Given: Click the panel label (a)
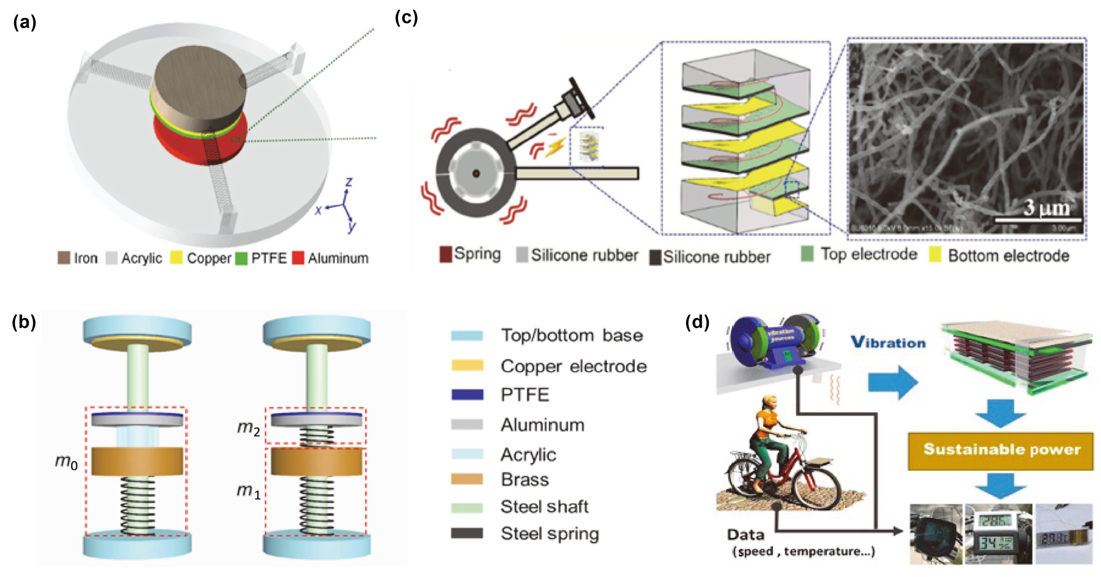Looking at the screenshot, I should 25,23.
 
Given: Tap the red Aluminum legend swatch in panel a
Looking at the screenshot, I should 298,258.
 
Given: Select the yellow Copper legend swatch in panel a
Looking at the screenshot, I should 177,258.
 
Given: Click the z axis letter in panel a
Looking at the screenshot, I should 349,182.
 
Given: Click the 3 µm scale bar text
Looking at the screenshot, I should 1046,208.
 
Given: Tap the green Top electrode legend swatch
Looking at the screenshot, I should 807,254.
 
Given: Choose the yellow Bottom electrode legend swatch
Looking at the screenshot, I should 935,255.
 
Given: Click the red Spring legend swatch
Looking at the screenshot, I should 445,254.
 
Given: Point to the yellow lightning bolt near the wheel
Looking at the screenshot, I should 556,147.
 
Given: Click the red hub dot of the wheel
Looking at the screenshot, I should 476,173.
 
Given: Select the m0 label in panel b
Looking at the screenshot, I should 66,462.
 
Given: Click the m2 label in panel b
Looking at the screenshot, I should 249,428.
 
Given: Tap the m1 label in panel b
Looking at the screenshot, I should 248,491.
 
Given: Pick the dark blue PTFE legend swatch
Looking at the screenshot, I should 467,395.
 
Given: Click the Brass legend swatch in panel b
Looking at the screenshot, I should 467,480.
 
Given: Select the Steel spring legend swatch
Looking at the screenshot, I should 467,533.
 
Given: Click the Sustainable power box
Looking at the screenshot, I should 1001,450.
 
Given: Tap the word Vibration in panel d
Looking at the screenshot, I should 888,342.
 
